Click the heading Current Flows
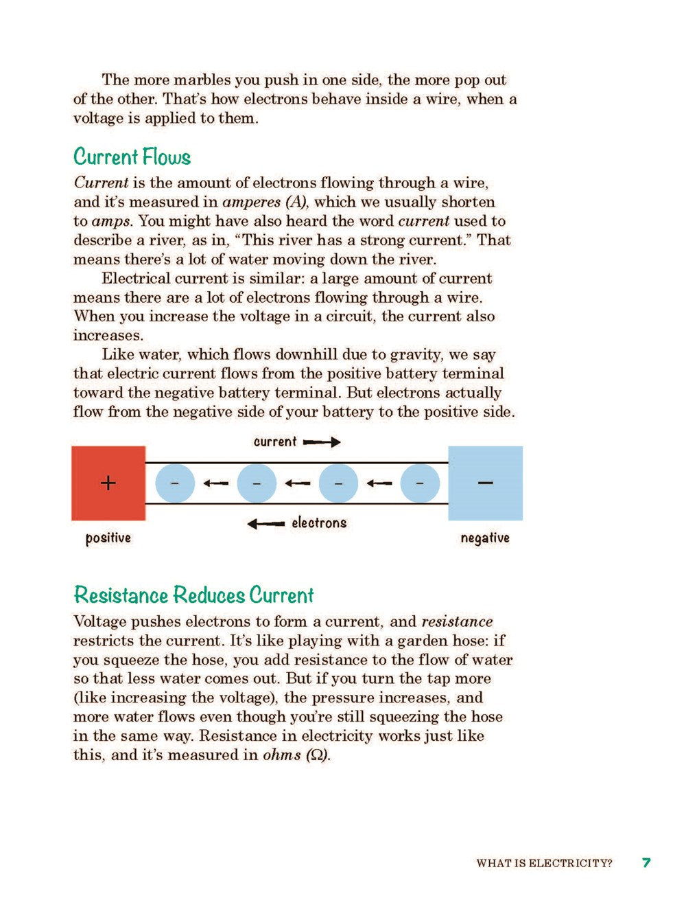point(132,157)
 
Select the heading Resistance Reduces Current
point(193,595)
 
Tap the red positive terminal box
point(108,483)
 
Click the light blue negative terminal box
point(485,483)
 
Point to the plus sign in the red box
point(108,483)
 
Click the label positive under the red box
point(108,538)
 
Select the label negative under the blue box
point(484,538)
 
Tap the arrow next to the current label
point(322,442)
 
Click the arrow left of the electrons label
point(265,524)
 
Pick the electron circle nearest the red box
point(175,483)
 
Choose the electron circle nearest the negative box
point(419,483)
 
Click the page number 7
point(646,862)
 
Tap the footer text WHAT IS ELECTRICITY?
point(544,863)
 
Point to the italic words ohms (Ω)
point(296,755)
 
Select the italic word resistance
point(457,621)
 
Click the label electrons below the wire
point(319,523)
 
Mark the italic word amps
point(111,221)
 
